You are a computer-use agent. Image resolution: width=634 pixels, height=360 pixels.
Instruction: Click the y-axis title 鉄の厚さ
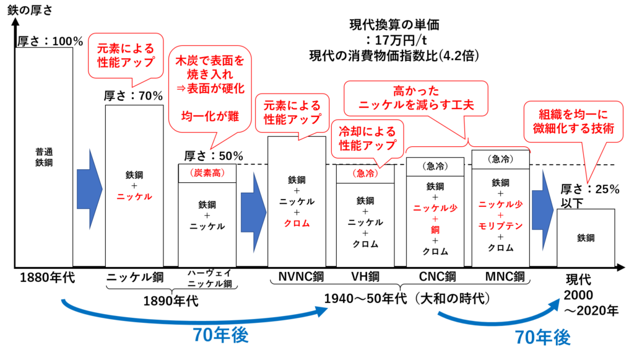[30, 10]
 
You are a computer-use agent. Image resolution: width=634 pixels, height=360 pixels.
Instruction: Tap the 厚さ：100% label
[50, 42]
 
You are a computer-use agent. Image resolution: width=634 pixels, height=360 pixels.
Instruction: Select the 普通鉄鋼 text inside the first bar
[44, 157]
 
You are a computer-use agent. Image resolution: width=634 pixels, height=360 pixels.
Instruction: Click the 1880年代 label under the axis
[47, 278]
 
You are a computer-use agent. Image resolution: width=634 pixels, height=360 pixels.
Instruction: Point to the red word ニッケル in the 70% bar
[134, 196]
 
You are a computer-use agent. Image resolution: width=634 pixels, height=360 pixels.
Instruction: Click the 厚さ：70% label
[133, 96]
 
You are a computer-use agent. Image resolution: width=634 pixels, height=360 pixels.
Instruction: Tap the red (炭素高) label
[207, 173]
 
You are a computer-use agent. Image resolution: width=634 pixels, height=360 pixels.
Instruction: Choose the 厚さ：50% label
[214, 156]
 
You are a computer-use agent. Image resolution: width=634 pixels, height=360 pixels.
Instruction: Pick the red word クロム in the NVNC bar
[297, 223]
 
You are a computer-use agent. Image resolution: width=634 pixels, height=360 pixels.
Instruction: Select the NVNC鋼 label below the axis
[302, 277]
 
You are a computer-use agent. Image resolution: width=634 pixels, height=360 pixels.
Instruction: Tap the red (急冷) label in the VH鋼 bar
[365, 173]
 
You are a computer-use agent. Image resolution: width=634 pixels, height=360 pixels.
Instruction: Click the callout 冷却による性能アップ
[367, 138]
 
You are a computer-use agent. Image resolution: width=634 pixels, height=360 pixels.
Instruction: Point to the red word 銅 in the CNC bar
[435, 230]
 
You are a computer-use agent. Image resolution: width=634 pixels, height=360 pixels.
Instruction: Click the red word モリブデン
[500, 226]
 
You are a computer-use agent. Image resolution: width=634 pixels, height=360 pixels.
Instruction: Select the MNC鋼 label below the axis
[505, 277]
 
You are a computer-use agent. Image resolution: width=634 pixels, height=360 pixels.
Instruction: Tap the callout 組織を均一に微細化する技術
[573, 121]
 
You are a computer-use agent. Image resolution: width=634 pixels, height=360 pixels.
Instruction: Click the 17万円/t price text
[396, 40]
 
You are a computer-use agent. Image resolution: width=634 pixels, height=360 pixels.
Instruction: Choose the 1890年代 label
[171, 301]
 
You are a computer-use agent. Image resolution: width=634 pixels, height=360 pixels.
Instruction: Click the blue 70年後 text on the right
[542, 337]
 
